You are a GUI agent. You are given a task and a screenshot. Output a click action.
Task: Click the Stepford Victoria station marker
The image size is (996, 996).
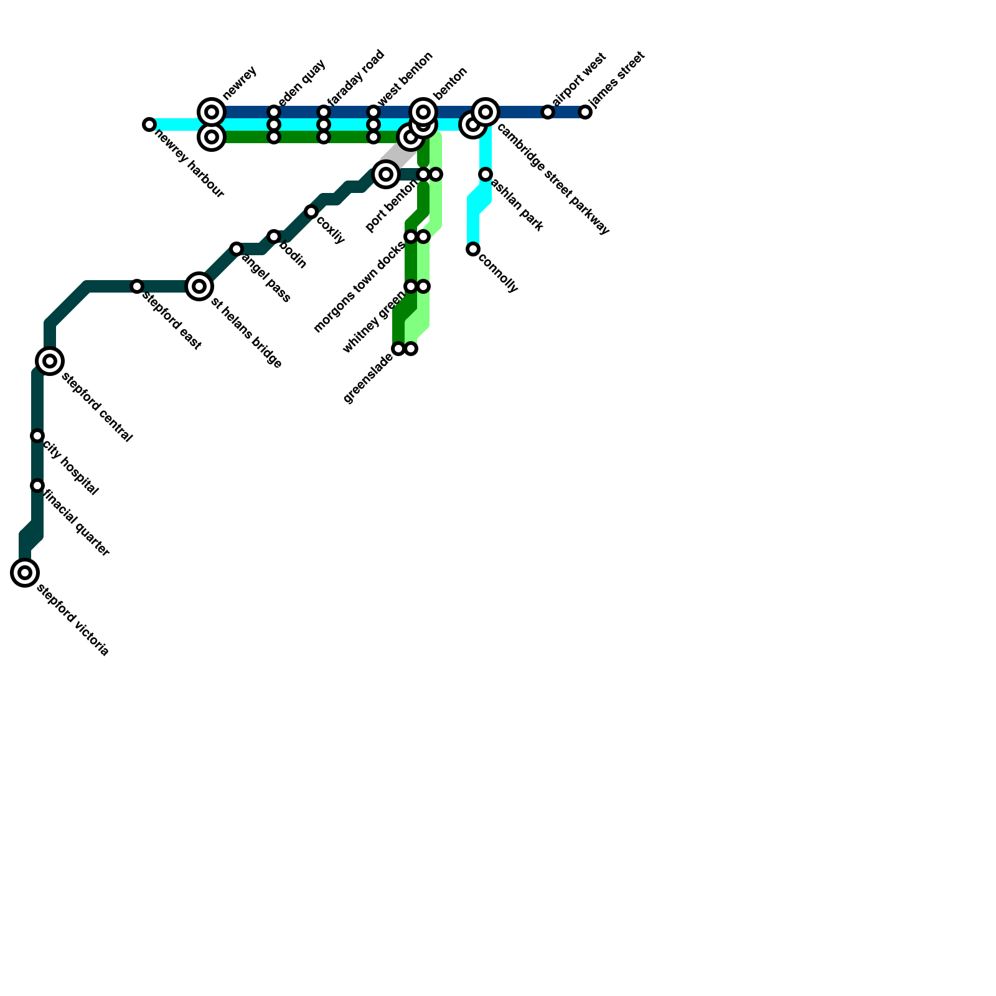[x=25, y=573]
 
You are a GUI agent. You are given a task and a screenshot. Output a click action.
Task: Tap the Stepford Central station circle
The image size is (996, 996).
[x=50, y=361]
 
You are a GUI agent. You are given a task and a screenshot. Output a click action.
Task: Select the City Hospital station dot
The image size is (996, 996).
[x=37, y=436]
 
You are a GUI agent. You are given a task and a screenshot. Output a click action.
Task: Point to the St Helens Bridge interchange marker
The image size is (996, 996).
[x=199, y=286]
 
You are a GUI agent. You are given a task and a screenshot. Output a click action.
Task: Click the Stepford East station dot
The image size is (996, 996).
[x=137, y=286]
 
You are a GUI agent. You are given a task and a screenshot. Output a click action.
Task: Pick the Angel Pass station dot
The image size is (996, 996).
[x=237, y=249]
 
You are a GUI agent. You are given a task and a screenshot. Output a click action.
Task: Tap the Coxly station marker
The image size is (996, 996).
[x=311, y=212]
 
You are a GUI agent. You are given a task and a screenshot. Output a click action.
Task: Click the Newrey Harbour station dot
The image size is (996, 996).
[x=149, y=125]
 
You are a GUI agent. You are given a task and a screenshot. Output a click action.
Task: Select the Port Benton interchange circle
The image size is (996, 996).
[x=386, y=174]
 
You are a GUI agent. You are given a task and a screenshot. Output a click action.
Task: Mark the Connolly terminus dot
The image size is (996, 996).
[x=473, y=249]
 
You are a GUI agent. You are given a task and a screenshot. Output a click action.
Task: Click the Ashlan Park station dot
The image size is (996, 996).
[x=486, y=174]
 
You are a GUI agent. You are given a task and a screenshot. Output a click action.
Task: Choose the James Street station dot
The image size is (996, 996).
[x=585, y=112]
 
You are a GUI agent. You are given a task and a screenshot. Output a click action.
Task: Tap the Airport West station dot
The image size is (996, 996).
[x=548, y=112]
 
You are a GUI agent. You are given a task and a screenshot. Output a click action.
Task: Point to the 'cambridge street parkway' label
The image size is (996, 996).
[x=553, y=181]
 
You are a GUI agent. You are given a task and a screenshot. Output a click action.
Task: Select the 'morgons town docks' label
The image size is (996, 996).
[x=359, y=287]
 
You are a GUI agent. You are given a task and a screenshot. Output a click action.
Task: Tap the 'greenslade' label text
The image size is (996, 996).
[x=368, y=378]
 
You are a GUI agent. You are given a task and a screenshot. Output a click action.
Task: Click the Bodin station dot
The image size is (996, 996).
[x=274, y=237]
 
